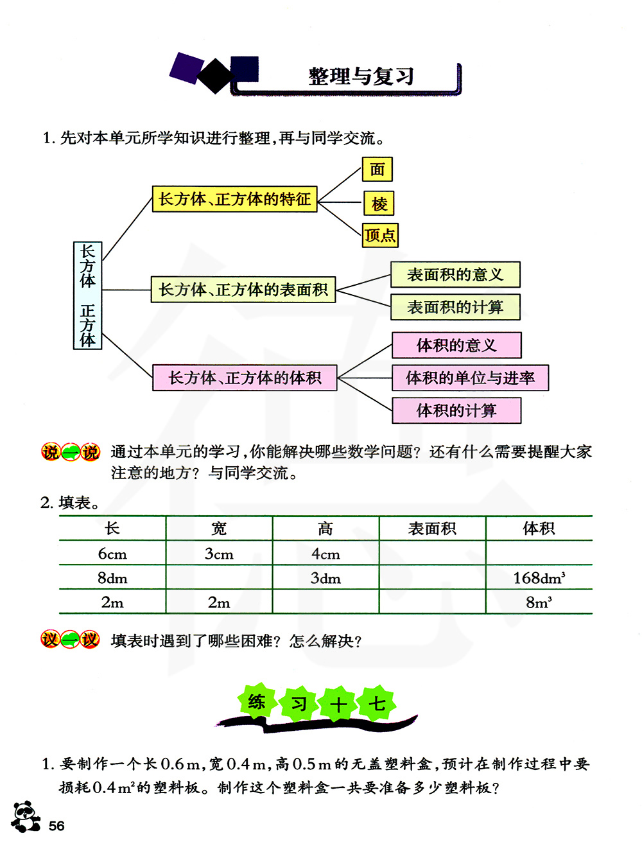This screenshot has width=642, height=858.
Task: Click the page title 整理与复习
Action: click(x=361, y=76)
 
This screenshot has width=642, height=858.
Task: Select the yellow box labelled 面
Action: click(x=377, y=170)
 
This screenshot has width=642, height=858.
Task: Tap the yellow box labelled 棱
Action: click(x=379, y=204)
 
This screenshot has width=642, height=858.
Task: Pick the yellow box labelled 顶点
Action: click(x=380, y=235)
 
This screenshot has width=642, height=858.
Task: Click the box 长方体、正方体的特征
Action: click(x=235, y=199)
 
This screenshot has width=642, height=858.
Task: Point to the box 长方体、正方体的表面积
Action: click(x=243, y=290)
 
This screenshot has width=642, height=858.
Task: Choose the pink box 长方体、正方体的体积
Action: click(x=245, y=378)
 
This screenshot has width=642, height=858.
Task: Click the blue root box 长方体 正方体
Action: click(x=88, y=295)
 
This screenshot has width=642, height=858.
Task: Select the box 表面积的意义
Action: click(x=455, y=275)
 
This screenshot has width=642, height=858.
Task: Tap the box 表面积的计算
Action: click(x=455, y=307)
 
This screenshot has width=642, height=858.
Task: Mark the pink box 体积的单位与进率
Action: click(x=470, y=378)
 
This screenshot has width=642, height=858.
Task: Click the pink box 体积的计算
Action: click(x=456, y=410)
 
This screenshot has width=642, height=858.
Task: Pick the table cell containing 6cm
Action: click(x=112, y=554)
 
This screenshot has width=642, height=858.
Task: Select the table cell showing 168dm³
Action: click(x=539, y=578)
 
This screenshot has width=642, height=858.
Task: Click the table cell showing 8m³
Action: click(x=539, y=602)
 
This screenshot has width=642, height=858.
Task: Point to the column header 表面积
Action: click(x=432, y=529)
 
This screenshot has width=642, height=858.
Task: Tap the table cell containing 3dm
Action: click(x=325, y=578)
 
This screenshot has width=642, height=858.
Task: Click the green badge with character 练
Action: click(x=257, y=702)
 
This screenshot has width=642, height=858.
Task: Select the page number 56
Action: click(x=56, y=826)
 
